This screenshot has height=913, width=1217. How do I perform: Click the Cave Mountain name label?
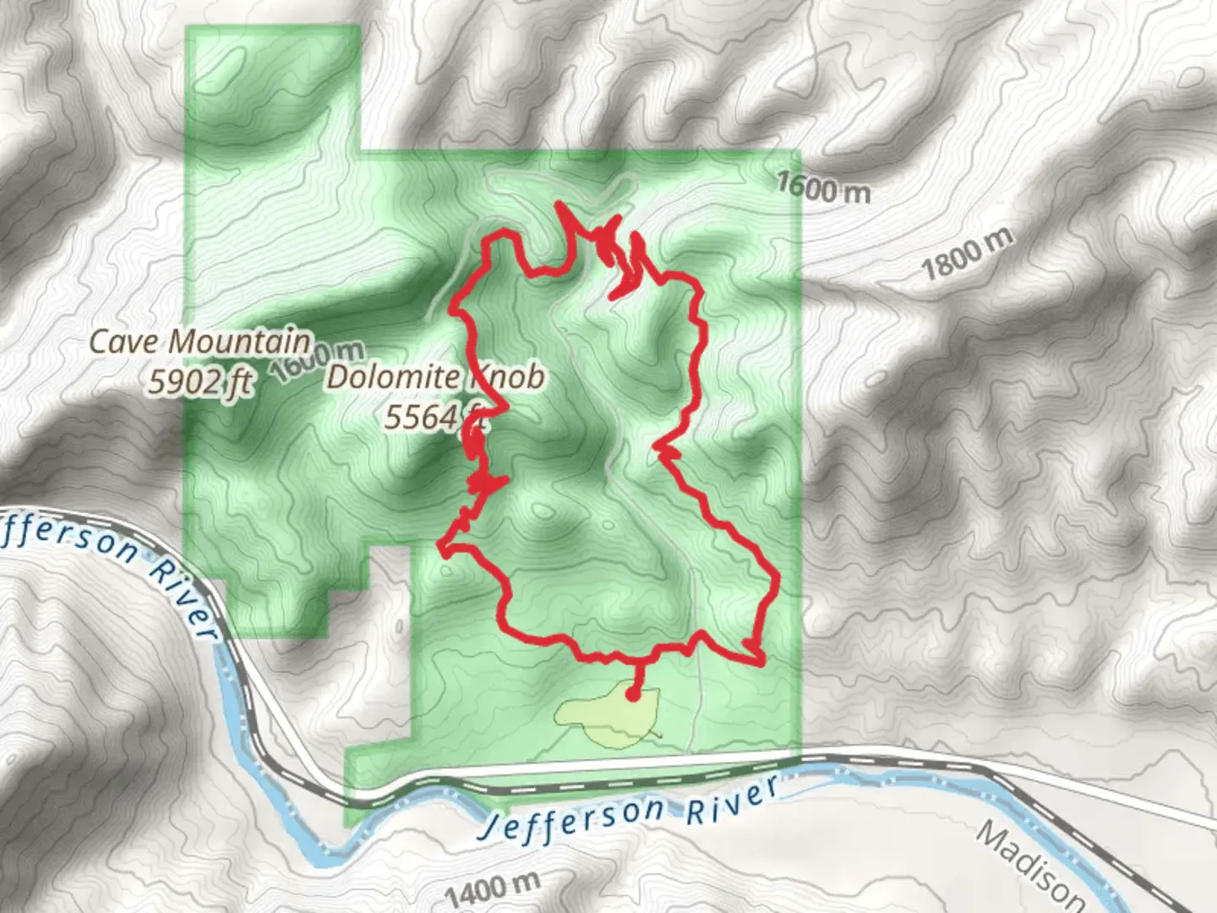point(200,342)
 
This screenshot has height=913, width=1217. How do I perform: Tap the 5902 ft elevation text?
point(200,382)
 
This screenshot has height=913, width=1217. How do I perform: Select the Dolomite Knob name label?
point(435,378)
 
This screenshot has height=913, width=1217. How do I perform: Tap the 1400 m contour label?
point(491,889)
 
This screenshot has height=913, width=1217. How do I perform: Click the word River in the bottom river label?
point(731,800)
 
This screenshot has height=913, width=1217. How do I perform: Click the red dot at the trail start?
point(632,696)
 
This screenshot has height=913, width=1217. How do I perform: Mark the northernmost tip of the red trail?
point(559,204)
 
